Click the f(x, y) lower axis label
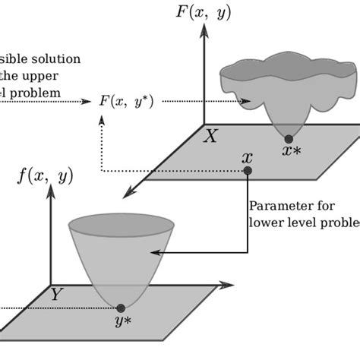pos(45,176)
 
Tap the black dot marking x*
pos(288,138)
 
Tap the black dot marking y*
pos(121,308)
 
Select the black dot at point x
pos(247,171)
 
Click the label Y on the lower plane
pos(55,295)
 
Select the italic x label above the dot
pos(246,157)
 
